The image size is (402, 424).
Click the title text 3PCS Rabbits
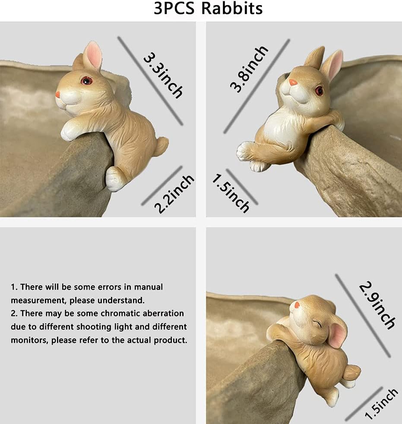[x=208, y=9]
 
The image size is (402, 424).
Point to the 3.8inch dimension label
[x=249, y=70]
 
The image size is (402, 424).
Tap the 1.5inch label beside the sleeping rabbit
[x=382, y=404]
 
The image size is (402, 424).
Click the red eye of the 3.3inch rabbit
[x=87, y=80]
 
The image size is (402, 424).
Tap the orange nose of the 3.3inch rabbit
[x=57, y=94]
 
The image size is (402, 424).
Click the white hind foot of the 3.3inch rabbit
[x=115, y=179]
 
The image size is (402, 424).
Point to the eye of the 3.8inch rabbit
[x=319, y=90]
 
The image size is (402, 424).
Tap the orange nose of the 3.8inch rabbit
[x=293, y=82]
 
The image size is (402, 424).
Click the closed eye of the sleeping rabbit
[x=318, y=323]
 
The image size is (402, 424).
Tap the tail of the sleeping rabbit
[x=351, y=372]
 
